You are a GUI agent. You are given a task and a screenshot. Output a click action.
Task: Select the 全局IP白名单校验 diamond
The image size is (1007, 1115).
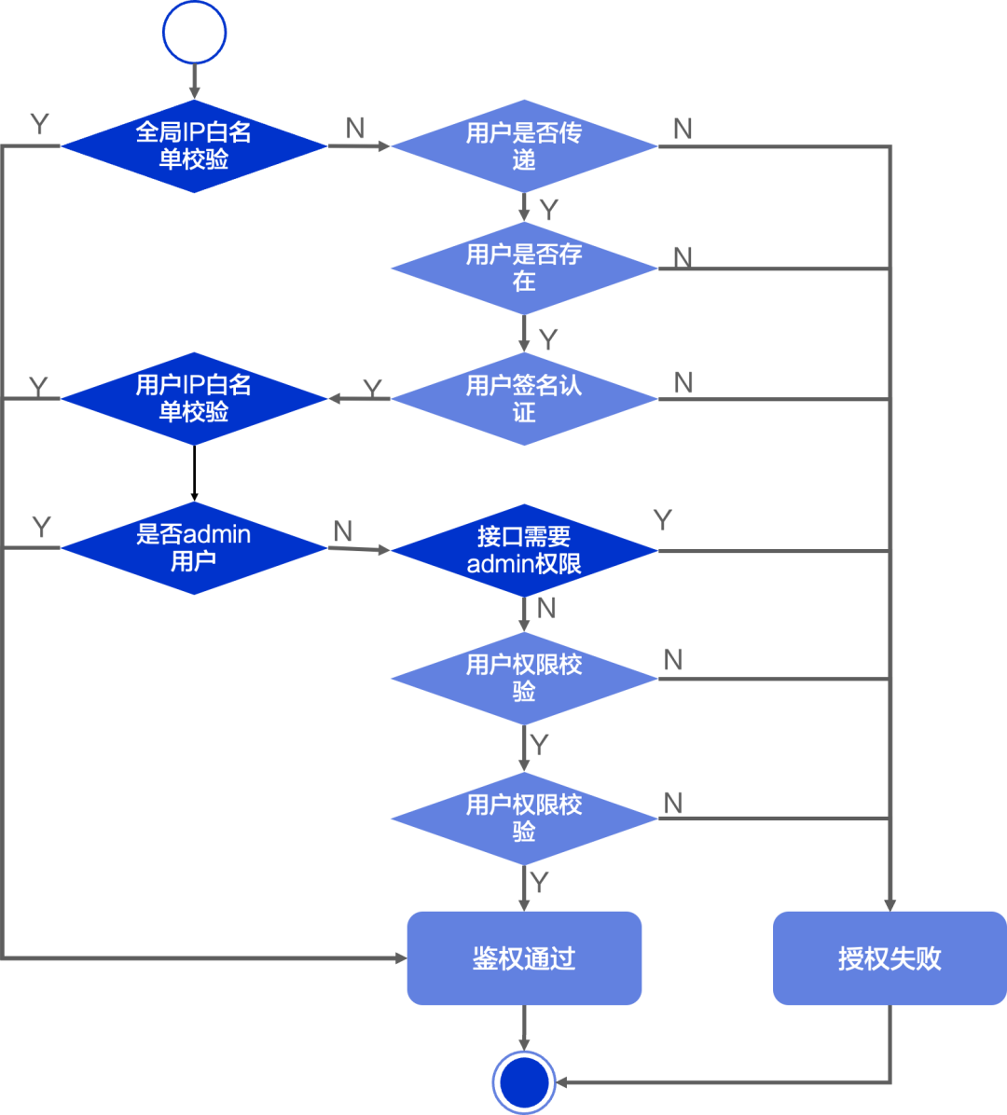pyautogui.click(x=194, y=145)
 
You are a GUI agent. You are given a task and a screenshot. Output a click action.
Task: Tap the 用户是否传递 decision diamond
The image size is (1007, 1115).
pyautogui.click(x=524, y=145)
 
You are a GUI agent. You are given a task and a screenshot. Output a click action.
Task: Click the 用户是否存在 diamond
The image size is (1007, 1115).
pyautogui.click(x=524, y=268)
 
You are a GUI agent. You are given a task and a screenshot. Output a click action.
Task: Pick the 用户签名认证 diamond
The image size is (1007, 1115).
pyautogui.click(x=524, y=399)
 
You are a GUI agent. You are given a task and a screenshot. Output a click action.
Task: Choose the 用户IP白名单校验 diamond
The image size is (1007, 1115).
pyautogui.click(x=194, y=398)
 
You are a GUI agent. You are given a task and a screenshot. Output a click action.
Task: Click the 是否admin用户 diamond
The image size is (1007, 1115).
pyautogui.click(x=194, y=547)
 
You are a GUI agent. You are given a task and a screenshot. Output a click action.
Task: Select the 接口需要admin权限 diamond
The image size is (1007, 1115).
pyautogui.click(x=524, y=550)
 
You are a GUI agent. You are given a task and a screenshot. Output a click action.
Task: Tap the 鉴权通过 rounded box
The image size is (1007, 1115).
pyautogui.click(x=524, y=957)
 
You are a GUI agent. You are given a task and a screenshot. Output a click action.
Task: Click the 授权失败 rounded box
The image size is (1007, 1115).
pyautogui.click(x=890, y=957)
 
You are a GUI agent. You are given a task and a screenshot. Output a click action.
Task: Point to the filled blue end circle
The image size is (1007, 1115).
pyautogui.click(x=524, y=1082)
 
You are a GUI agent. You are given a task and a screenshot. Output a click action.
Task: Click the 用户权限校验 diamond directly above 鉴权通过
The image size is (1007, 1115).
pyautogui.click(x=524, y=819)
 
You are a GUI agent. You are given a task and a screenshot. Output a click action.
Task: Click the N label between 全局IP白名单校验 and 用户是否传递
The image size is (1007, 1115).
pyautogui.click(x=355, y=128)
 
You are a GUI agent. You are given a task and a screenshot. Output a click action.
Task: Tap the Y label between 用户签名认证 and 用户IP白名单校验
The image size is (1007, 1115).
pyautogui.click(x=373, y=388)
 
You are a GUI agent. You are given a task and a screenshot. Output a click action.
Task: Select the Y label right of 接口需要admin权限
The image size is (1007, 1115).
pyautogui.click(x=663, y=520)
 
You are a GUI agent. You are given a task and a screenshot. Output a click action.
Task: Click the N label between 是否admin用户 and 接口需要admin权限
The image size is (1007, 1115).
pyautogui.click(x=343, y=530)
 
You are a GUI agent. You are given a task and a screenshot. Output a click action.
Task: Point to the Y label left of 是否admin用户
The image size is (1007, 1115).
pyautogui.click(x=42, y=527)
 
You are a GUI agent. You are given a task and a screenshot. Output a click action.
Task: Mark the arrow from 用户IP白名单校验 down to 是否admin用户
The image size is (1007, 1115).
pyautogui.click(x=194, y=474)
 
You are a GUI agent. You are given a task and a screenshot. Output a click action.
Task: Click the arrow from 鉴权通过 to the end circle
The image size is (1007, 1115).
pyautogui.click(x=524, y=1028)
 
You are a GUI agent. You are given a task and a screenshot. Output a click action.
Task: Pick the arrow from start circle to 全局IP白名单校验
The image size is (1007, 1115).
pyautogui.click(x=194, y=82)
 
